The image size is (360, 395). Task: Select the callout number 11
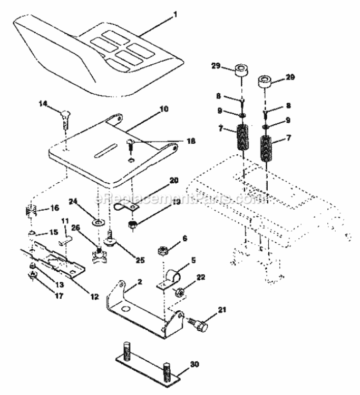pyautogui.click(x=65, y=221)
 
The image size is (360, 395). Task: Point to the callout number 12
pyautogui.click(x=94, y=296)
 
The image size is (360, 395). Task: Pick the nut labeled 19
pyautogui.click(x=133, y=226)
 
